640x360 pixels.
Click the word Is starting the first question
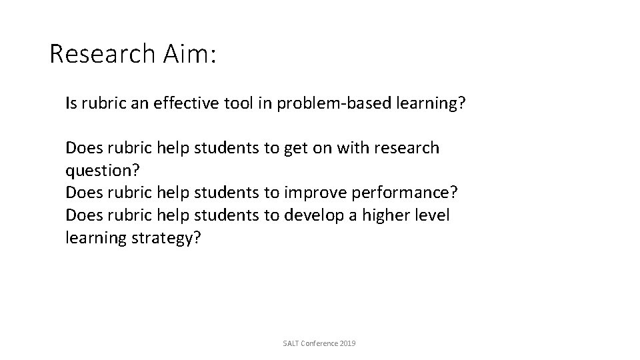tap(71, 104)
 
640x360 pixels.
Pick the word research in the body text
tap(404, 147)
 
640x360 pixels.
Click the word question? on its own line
tap(102, 171)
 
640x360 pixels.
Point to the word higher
tap(383, 215)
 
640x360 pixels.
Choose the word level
tap(433, 215)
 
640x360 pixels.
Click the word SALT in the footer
tap(291, 343)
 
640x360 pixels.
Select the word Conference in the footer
tap(320, 343)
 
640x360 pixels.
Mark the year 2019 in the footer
tap(348, 343)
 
